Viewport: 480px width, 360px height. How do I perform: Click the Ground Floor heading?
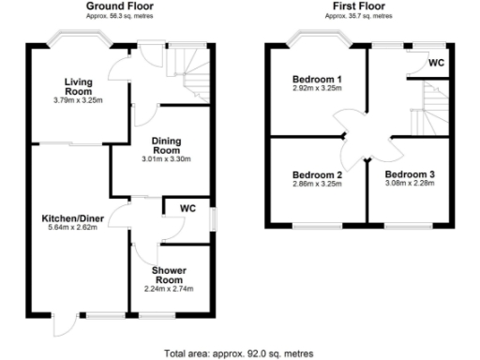pyautogui.click(x=120, y=7)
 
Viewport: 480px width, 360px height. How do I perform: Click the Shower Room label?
pyautogui.click(x=169, y=274)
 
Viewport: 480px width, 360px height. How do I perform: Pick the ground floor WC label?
pyautogui.click(x=187, y=207)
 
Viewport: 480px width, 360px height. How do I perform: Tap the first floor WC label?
pyautogui.click(x=436, y=63)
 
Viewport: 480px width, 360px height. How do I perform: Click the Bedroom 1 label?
pyautogui.click(x=315, y=79)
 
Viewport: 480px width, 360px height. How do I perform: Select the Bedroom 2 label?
pyautogui.click(x=316, y=174)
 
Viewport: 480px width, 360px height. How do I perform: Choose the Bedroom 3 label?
pyautogui.click(x=409, y=174)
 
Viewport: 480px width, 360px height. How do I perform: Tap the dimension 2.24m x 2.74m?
pyautogui.click(x=169, y=288)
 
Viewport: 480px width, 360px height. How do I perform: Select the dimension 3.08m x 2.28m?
pyautogui.click(x=409, y=185)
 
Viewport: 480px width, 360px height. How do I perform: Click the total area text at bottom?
pyautogui.click(x=239, y=353)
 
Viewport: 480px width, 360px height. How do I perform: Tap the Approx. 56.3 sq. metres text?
pyautogui.click(x=120, y=17)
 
